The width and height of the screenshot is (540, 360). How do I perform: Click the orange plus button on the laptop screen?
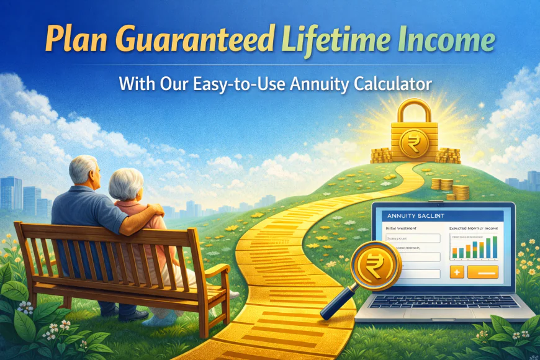tap(456, 272)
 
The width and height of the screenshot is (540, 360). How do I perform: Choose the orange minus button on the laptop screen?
tap(483, 272)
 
